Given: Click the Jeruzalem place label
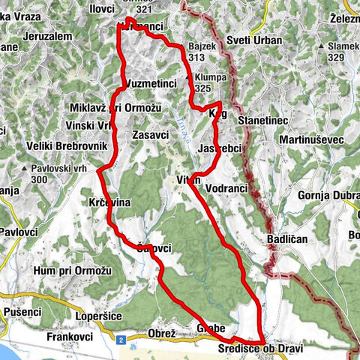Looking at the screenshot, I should tap(47, 35).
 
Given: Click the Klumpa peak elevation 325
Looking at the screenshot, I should tap(202, 88).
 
